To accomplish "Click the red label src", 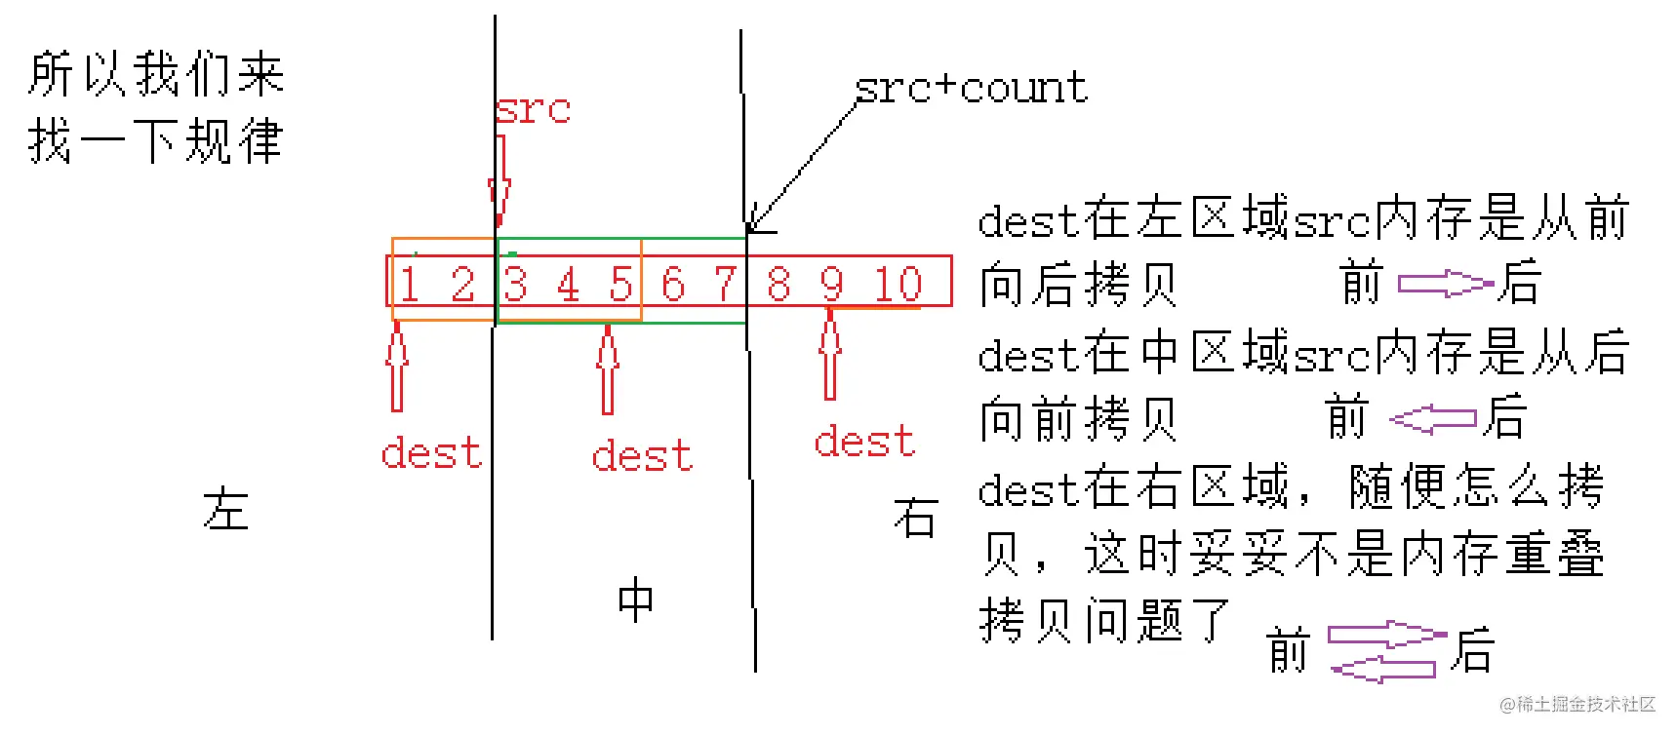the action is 533,108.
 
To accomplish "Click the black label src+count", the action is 971,88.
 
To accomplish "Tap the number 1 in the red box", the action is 409,285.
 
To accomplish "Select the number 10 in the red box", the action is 898,285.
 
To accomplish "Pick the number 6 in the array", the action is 672,285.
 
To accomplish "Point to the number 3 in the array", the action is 515,285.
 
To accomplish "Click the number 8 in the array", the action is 778,285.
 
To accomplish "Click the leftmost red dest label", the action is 431,453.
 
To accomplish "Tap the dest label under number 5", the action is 642,455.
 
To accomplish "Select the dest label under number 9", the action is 864,441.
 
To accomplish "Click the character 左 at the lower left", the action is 225,509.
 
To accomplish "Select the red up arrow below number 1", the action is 396,367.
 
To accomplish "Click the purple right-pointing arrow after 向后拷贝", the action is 1446,284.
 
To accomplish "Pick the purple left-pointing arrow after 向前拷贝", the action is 1433,419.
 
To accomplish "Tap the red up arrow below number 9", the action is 830,354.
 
